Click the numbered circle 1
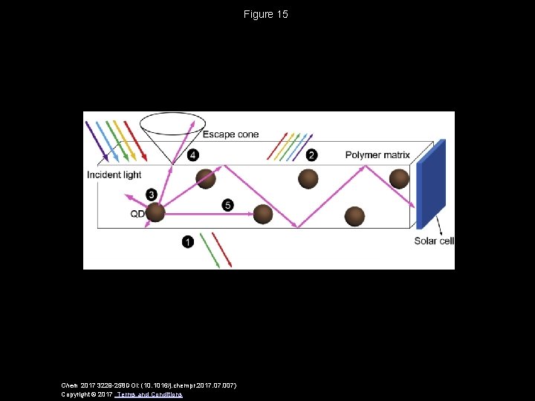click(x=188, y=241)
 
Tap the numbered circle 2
click(x=311, y=154)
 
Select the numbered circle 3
click(x=152, y=195)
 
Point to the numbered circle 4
click(x=193, y=154)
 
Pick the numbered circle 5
click(x=227, y=204)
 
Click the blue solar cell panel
click(x=430, y=183)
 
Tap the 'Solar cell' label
click(x=434, y=241)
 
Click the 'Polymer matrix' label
click(x=377, y=155)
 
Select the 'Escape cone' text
click(x=230, y=134)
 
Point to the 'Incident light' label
click(x=114, y=175)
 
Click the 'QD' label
click(x=137, y=214)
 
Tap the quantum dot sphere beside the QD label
click(x=155, y=213)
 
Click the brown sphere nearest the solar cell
click(x=399, y=178)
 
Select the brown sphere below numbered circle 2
click(x=308, y=178)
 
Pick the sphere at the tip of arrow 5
click(x=263, y=214)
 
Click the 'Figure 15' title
click(x=265, y=14)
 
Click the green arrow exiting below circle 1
click(x=210, y=250)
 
